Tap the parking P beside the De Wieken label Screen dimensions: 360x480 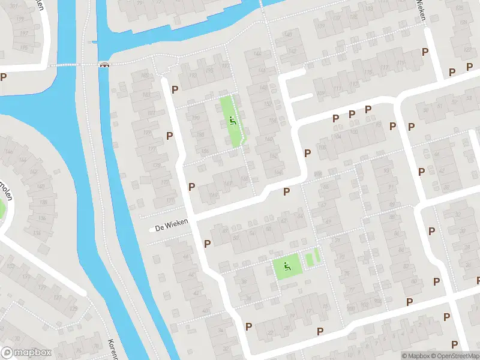pyautogui.click(x=208, y=243)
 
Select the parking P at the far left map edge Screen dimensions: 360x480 pyautogui.click(x=4, y=77)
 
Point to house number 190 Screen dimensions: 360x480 pyautogui.click(x=196, y=118)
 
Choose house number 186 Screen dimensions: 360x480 pyautogui.click(x=205, y=151)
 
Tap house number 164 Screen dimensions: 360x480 pyautogui.click(x=278, y=172)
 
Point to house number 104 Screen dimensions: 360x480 pyautogui.click(x=338, y=136)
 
